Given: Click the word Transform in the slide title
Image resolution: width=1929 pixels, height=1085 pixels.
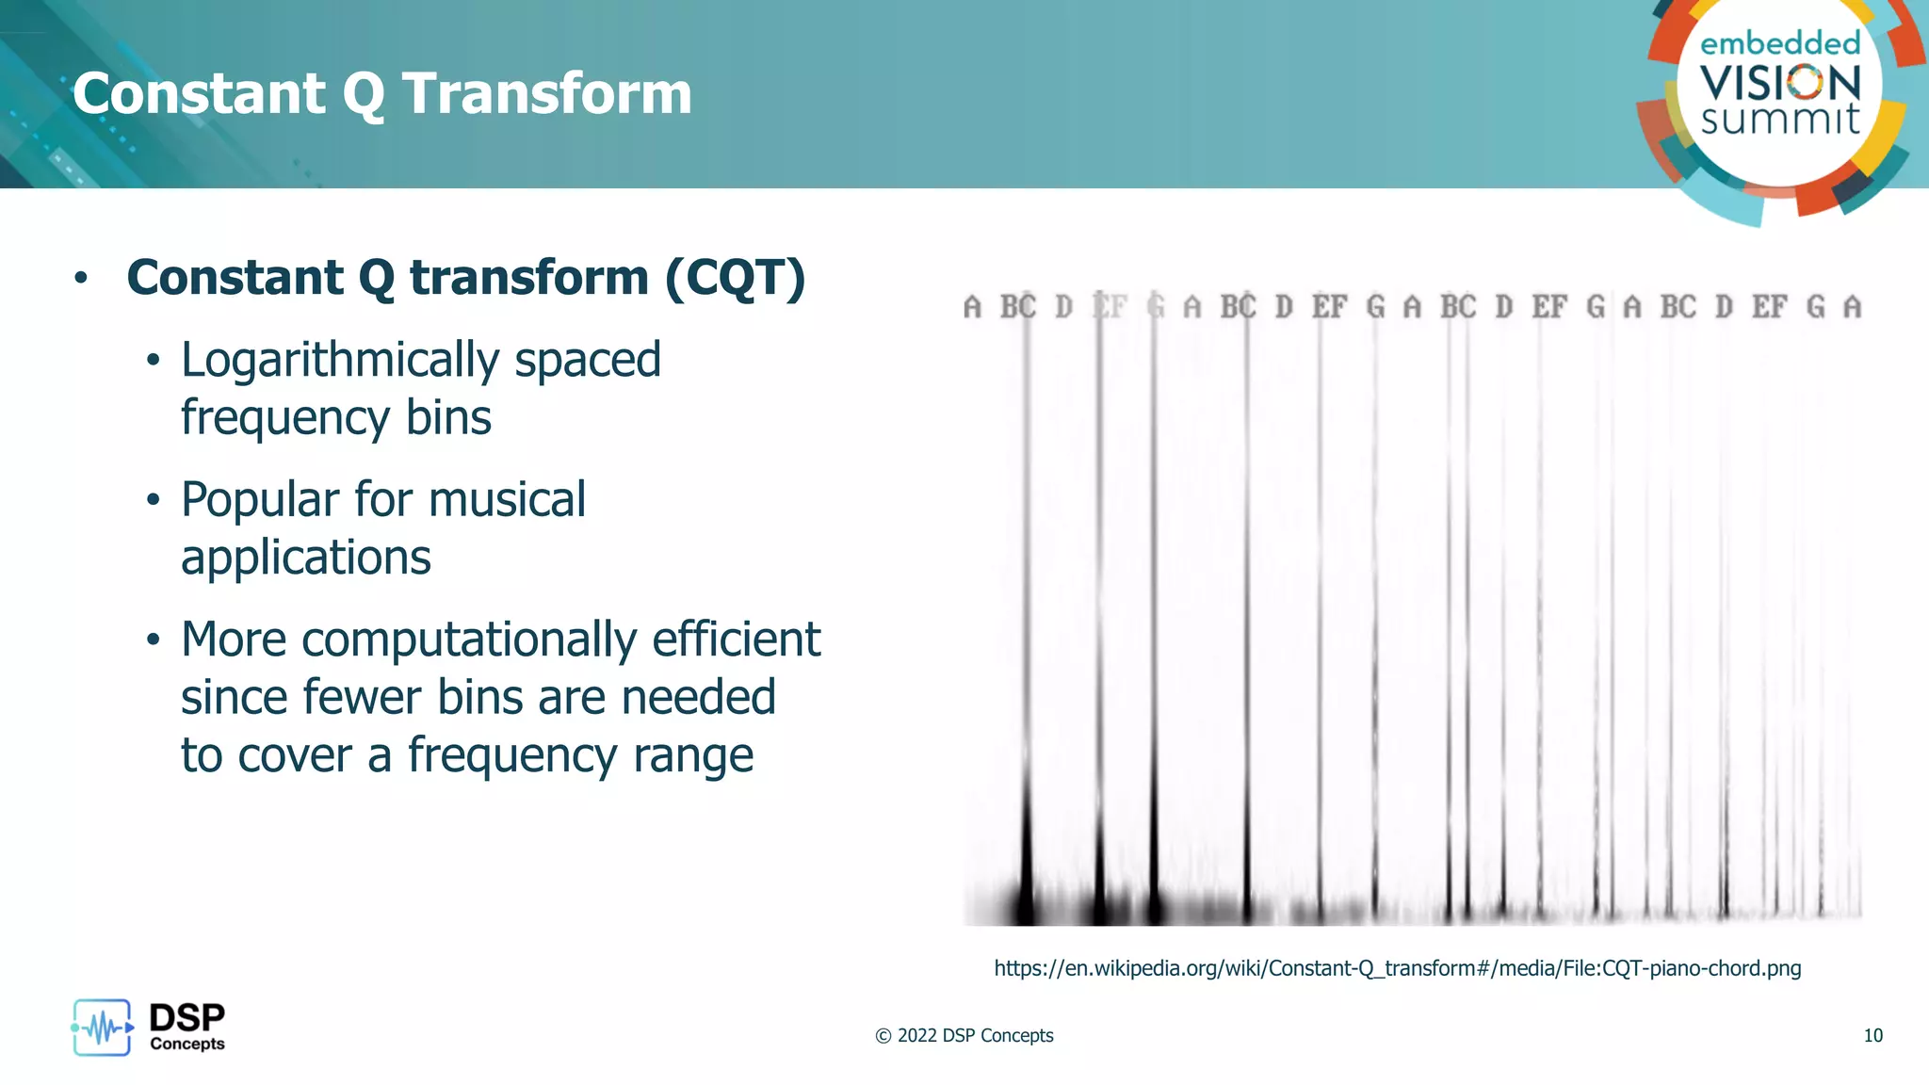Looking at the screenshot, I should click(x=546, y=94).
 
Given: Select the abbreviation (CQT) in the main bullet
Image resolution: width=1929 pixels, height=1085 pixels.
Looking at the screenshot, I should click(x=735, y=278).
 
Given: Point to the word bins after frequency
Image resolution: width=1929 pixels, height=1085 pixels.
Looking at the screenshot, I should click(x=448, y=417).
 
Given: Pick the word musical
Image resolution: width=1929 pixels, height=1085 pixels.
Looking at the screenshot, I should click(x=506, y=499).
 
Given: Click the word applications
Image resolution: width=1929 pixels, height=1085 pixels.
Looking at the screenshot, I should click(x=305, y=559).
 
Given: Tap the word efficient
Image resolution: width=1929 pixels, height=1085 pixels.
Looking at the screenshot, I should click(x=736, y=640).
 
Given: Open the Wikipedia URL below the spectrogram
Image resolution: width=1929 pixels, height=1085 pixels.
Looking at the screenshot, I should click(x=1397, y=968).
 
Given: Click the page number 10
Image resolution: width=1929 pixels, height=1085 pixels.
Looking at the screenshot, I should click(x=1872, y=1036).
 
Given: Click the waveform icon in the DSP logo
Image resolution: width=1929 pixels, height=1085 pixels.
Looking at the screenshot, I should click(x=102, y=1028).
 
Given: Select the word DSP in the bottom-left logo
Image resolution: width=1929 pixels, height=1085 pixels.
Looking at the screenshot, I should click(x=186, y=1018).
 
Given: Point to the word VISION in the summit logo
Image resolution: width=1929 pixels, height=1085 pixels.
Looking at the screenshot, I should click(x=1780, y=83).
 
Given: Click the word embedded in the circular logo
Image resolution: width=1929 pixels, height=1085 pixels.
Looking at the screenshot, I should click(x=1780, y=43).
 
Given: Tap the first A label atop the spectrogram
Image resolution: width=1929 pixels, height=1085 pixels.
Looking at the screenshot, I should click(x=972, y=307).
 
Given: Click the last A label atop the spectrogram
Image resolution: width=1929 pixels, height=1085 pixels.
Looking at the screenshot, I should click(x=1852, y=307).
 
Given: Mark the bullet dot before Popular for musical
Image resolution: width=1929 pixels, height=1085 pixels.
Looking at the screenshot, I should click(x=154, y=500).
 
